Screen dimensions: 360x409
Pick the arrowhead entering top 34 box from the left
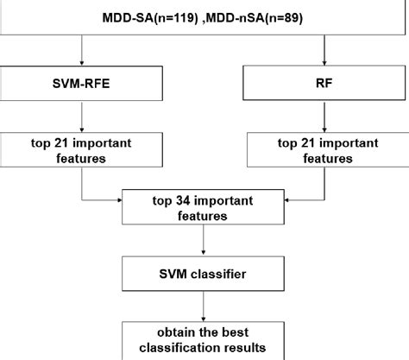(x=117, y=199)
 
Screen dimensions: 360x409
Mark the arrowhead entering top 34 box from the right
(x=286, y=199)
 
